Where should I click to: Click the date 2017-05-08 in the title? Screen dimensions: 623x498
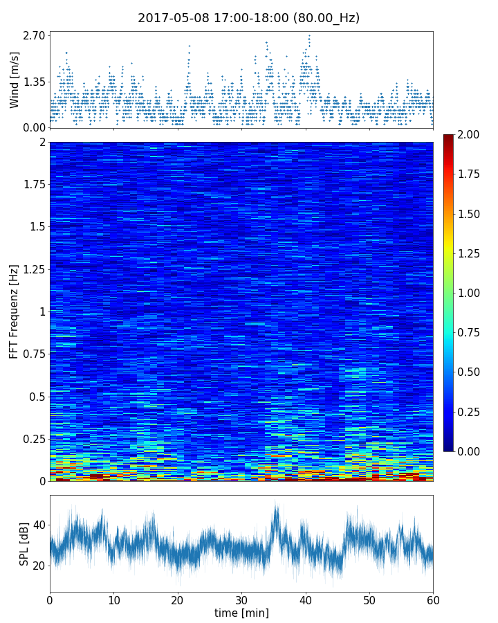169,18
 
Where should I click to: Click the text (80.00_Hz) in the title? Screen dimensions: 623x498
325,18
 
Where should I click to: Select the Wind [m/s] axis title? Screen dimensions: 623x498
15,79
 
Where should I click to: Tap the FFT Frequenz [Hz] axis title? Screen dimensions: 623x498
15,311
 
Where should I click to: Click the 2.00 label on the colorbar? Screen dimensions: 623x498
471,135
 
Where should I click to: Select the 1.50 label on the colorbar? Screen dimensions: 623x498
471,214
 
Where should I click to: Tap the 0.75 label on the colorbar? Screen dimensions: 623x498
471,332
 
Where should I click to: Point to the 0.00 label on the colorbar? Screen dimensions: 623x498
471,451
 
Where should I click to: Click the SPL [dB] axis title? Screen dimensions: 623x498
25,544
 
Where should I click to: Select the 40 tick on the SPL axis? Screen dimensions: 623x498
39,525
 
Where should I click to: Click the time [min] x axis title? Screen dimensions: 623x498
241,613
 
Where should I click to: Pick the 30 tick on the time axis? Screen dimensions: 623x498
241,599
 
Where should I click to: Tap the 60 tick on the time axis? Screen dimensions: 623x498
433,599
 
